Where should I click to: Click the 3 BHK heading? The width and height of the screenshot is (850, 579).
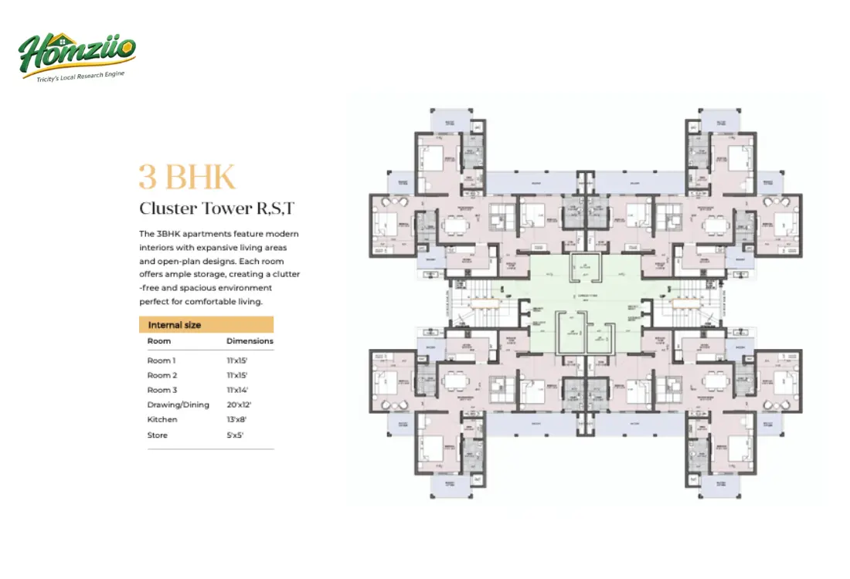pyautogui.click(x=187, y=177)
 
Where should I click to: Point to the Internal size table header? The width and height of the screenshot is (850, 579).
pyautogui.click(x=175, y=325)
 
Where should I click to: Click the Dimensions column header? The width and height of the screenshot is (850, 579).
pyautogui.click(x=250, y=340)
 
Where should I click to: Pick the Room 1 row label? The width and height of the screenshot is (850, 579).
pyautogui.click(x=161, y=361)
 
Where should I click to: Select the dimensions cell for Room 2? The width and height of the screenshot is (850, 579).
pyautogui.click(x=236, y=375)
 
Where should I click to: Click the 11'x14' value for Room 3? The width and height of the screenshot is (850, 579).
pyautogui.click(x=236, y=390)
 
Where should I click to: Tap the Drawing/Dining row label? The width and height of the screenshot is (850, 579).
pyautogui.click(x=178, y=405)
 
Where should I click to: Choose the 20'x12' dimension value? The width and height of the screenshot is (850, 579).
pyautogui.click(x=239, y=405)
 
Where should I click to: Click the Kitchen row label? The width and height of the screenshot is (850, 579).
pyautogui.click(x=162, y=419)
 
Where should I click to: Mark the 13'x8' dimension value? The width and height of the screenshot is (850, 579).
pyautogui.click(x=236, y=419)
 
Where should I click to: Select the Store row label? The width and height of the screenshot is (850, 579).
pyautogui.click(x=158, y=435)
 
